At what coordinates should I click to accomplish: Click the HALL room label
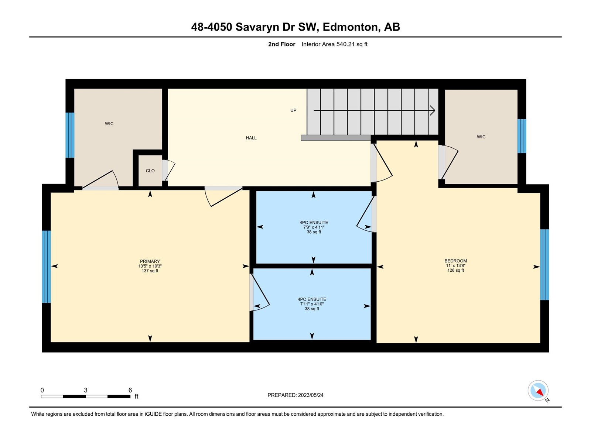[x=251, y=138]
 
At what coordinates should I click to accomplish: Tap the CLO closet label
[x=150, y=171]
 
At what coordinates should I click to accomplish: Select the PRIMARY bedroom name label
[x=150, y=261]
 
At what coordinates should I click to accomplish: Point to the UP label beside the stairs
[x=293, y=110]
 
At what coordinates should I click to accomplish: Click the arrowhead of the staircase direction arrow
[x=433, y=110]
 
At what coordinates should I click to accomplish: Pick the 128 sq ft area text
[x=455, y=270]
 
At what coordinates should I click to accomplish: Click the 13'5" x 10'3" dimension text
[x=150, y=266]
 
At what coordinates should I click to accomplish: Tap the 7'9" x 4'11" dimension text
[x=314, y=227]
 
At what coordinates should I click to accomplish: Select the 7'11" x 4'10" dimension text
[x=312, y=304]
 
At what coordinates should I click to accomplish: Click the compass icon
[x=538, y=391]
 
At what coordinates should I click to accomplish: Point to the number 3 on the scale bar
[x=86, y=390]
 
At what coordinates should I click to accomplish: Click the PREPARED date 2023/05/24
[x=310, y=395]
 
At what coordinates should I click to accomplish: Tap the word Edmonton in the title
[x=352, y=27]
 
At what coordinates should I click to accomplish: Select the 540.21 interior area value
[x=345, y=44]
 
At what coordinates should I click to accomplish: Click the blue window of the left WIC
[x=70, y=135]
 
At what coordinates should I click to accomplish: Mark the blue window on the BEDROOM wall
[x=544, y=265]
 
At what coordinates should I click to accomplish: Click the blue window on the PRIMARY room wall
[x=46, y=267]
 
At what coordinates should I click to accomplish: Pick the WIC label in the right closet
[x=481, y=137]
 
